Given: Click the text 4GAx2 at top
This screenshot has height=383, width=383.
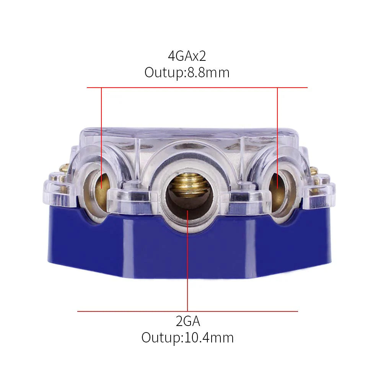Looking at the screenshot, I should click(x=187, y=56).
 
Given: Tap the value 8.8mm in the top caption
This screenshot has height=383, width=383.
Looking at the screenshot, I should click(x=209, y=72).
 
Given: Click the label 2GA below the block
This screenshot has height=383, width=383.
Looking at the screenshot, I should click(x=188, y=321).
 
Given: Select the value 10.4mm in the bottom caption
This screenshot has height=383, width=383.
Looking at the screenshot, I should click(x=209, y=338).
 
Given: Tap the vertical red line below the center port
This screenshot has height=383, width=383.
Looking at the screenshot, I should click(x=187, y=268).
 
